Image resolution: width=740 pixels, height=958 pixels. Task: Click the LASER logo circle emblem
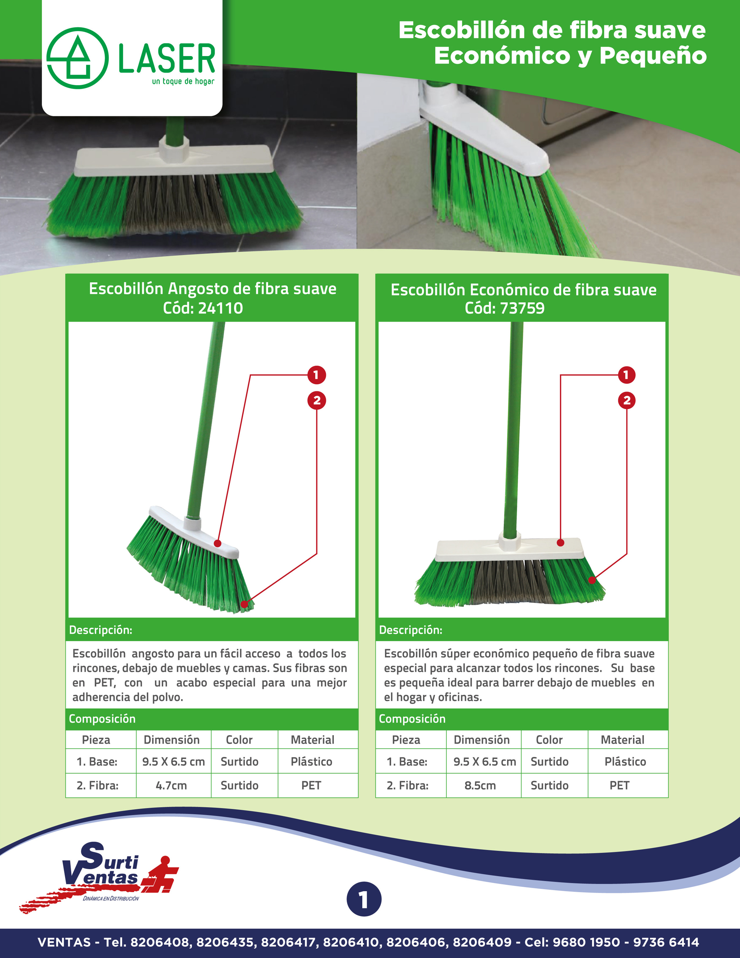click(77, 58)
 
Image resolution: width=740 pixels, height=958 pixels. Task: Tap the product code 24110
click(220, 308)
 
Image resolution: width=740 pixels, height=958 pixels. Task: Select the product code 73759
click(522, 308)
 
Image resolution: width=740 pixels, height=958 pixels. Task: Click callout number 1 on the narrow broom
click(316, 375)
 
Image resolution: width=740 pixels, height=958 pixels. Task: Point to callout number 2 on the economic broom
click(627, 400)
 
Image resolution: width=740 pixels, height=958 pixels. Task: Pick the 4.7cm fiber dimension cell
click(171, 785)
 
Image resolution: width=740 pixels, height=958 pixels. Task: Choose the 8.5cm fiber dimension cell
click(480, 785)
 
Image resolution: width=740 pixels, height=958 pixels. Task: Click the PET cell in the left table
click(311, 785)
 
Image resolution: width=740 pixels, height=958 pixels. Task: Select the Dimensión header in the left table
click(171, 740)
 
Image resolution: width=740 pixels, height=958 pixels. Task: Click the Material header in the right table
click(623, 740)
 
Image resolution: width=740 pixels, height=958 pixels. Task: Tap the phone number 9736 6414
click(666, 942)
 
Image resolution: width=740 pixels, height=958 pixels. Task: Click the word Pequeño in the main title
click(653, 56)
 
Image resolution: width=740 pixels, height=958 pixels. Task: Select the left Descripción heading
click(100, 630)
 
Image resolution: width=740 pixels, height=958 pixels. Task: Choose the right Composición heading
click(412, 718)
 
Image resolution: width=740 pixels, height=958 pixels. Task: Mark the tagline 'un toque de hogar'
click(183, 82)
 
